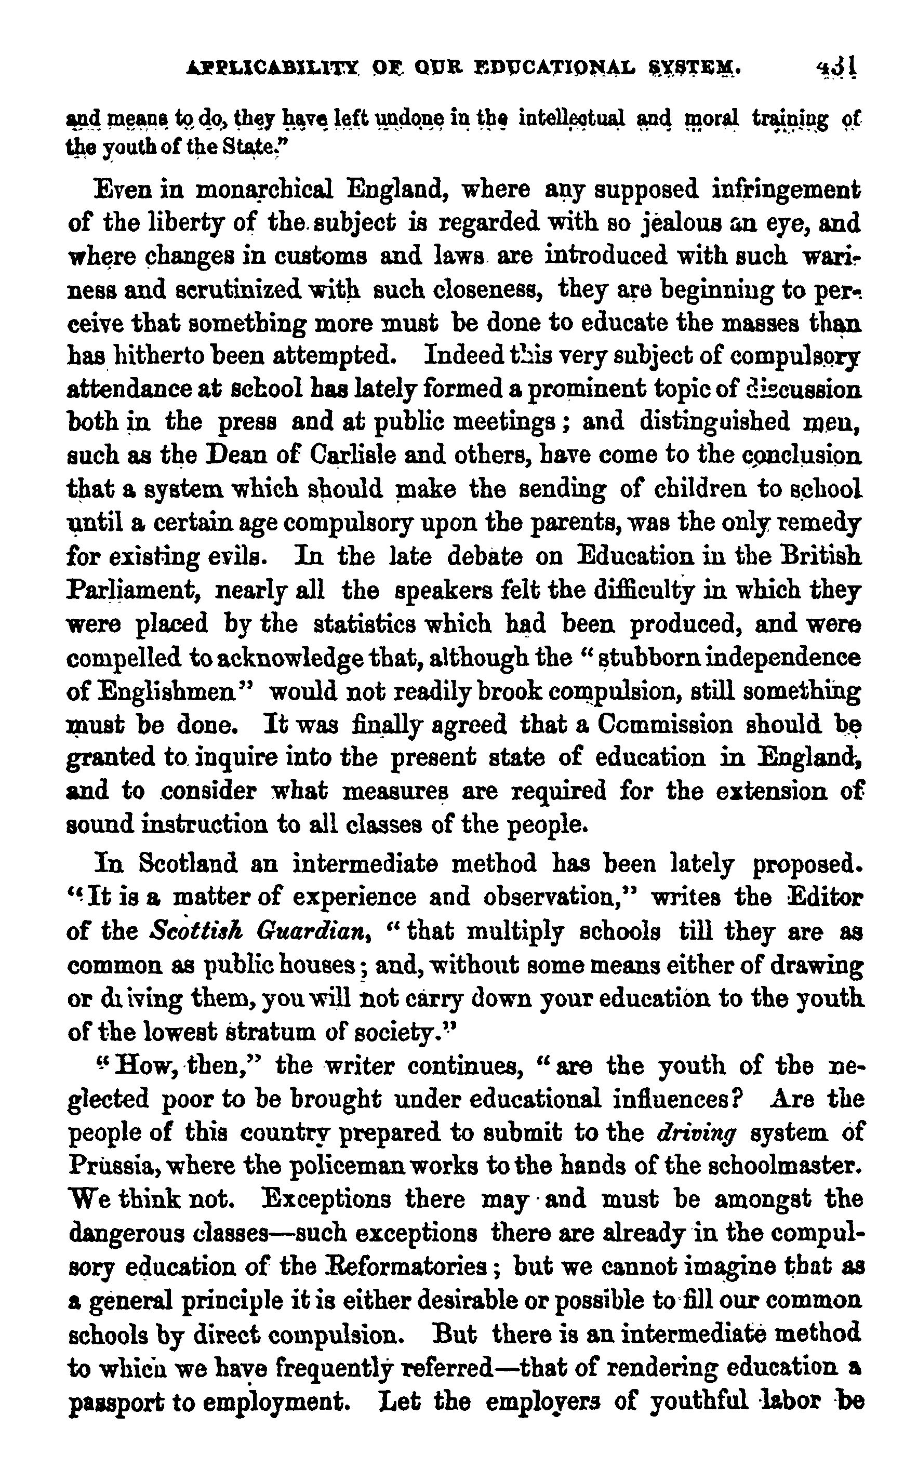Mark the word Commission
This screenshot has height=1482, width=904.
(x=664, y=724)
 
